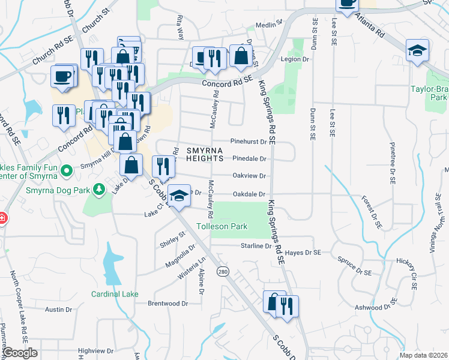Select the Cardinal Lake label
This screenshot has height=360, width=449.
pyautogui.click(x=115, y=294)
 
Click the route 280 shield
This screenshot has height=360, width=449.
pyautogui.click(x=223, y=272)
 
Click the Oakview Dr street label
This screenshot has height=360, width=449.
pyautogui.click(x=249, y=176)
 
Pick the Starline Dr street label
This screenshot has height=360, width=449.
pyautogui.click(x=256, y=246)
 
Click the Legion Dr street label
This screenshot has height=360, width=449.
pyautogui.click(x=294, y=59)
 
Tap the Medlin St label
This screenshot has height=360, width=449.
pyautogui.click(x=268, y=25)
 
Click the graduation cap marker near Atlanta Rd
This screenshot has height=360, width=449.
pyautogui.click(x=417, y=50)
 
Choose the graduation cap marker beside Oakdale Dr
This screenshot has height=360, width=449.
pyautogui.click(x=179, y=196)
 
